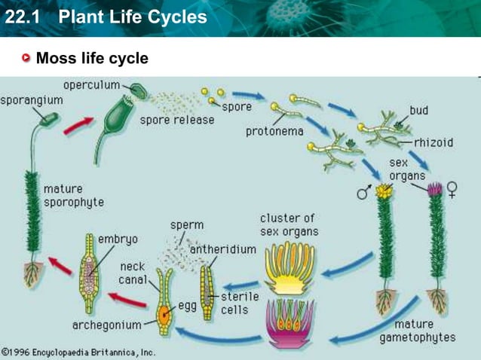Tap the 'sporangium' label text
click(31, 100)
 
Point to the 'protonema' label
click(274, 132)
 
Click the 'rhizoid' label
click(434, 142)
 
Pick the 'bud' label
click(419, 111)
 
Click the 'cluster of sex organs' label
click(289, 224)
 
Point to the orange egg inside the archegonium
click(164, 308)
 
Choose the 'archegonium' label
click(107, 325)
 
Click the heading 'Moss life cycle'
click(92, 59)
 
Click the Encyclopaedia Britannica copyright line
click(78, 352)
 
